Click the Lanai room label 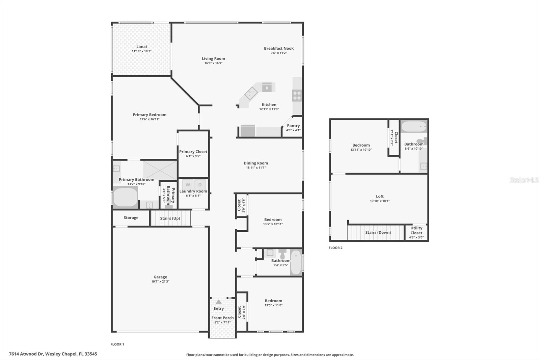tap(141, 47)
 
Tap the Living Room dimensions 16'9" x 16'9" tap(213, 63)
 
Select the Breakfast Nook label tap(279, 48)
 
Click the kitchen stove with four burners tap(297, 95)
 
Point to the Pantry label tap(293, 126)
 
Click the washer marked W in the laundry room tap(188, 185)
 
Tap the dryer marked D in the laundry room tap(200, 185)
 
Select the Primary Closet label tap(193, 152)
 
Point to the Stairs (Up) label tap(170, 218)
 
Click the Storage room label tap(131, 217)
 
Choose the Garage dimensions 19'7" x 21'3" tap(160, 281)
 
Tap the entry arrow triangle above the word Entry tap(219, 302)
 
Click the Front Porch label tap(222, 318)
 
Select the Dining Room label tap(256, 163)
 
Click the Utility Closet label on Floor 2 tap(416, 230)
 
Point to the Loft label tap(380, 197)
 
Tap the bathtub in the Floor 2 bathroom tap(414, 126)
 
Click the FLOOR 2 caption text tap(335, 248)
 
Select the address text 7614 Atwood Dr tap(26, 354)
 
